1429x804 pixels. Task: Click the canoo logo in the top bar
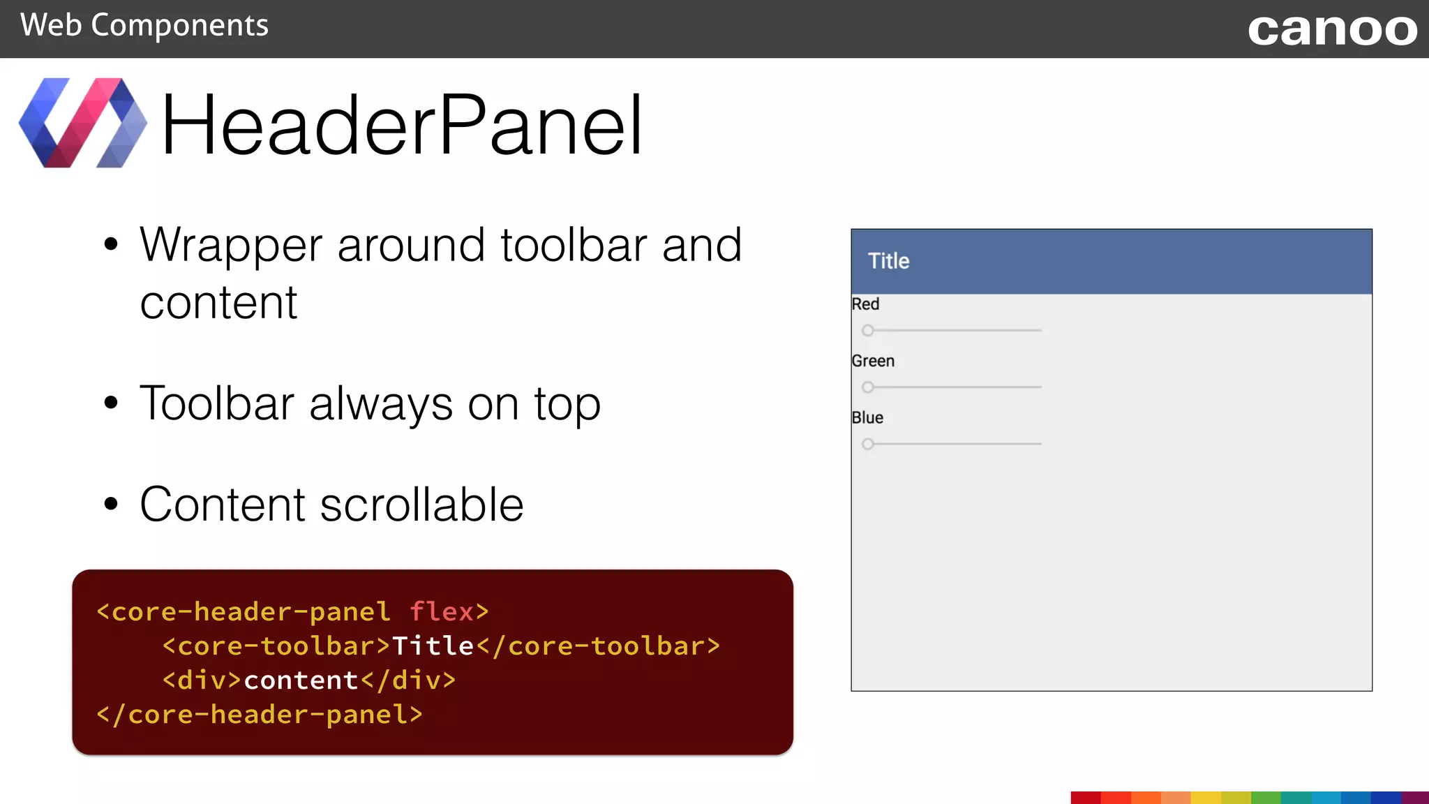(x=1332, y=30)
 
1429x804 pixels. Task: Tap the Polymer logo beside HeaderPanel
(x=82, y=123)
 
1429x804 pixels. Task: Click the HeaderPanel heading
(x=401, y=126)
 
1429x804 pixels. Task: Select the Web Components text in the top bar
(x=144, y=26)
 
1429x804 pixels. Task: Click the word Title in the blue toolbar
(x=888, y=261)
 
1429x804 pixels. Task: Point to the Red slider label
(x=865, y=304)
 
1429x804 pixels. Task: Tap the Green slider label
(x=873, y=361)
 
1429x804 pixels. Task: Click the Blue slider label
(x=867, y=417)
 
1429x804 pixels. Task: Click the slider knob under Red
(x=867, y=330)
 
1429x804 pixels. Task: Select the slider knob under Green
(x=867, y=387)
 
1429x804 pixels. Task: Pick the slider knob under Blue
(x=867, y=444)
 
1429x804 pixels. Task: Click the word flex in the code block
(x=442, y=611)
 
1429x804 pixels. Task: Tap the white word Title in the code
(x=433, y=646)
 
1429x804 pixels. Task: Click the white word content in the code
(x=301, y=680)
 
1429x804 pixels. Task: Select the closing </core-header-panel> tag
(x=260, y=714)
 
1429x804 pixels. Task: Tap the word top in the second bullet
(x=567, y=404)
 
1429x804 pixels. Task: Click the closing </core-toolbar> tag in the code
(x=599, y=646)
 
